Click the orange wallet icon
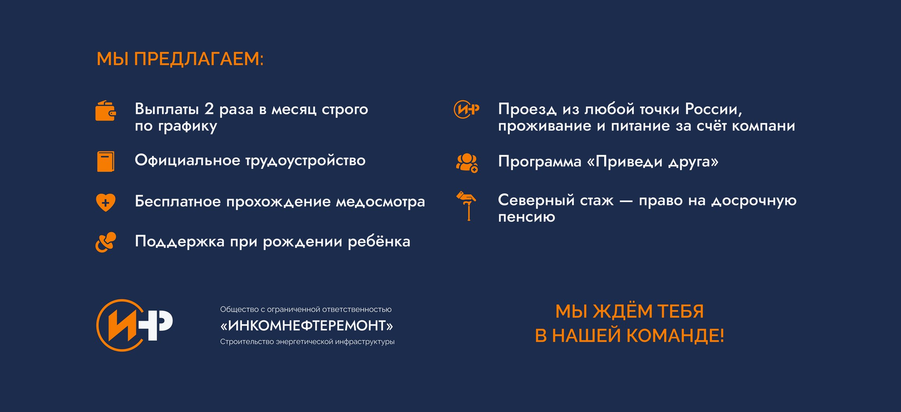[106, 111]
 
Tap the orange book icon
[106, 162]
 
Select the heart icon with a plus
[106, 202]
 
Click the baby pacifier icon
[106, 242]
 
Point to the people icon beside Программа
[467, 163]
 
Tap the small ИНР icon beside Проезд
[466, 109]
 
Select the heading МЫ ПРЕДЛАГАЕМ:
[180, 59]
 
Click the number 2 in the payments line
[209, 109]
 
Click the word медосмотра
[380, 202]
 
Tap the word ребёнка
[379, 241]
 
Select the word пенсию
[527, 217]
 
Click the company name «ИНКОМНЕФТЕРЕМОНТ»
[307, 325]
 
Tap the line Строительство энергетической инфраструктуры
[307, 342]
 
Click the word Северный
[536, 201]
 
